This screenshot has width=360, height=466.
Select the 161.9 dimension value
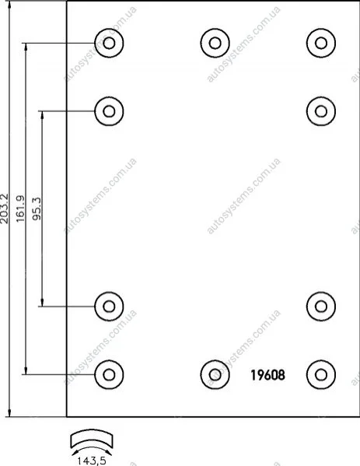click(21, 208)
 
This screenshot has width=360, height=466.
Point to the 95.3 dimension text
click(37, 208)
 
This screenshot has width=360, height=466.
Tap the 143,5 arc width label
click(92, 461)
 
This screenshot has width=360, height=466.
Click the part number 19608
click(268, 375)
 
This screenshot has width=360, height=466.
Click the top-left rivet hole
click(109, 43)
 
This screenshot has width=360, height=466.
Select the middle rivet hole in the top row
click(215, 43)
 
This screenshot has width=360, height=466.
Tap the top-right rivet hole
click(321, 43)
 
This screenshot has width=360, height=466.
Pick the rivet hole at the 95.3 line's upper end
click(109, 111)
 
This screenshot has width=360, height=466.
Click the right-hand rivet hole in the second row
click(321, 111)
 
